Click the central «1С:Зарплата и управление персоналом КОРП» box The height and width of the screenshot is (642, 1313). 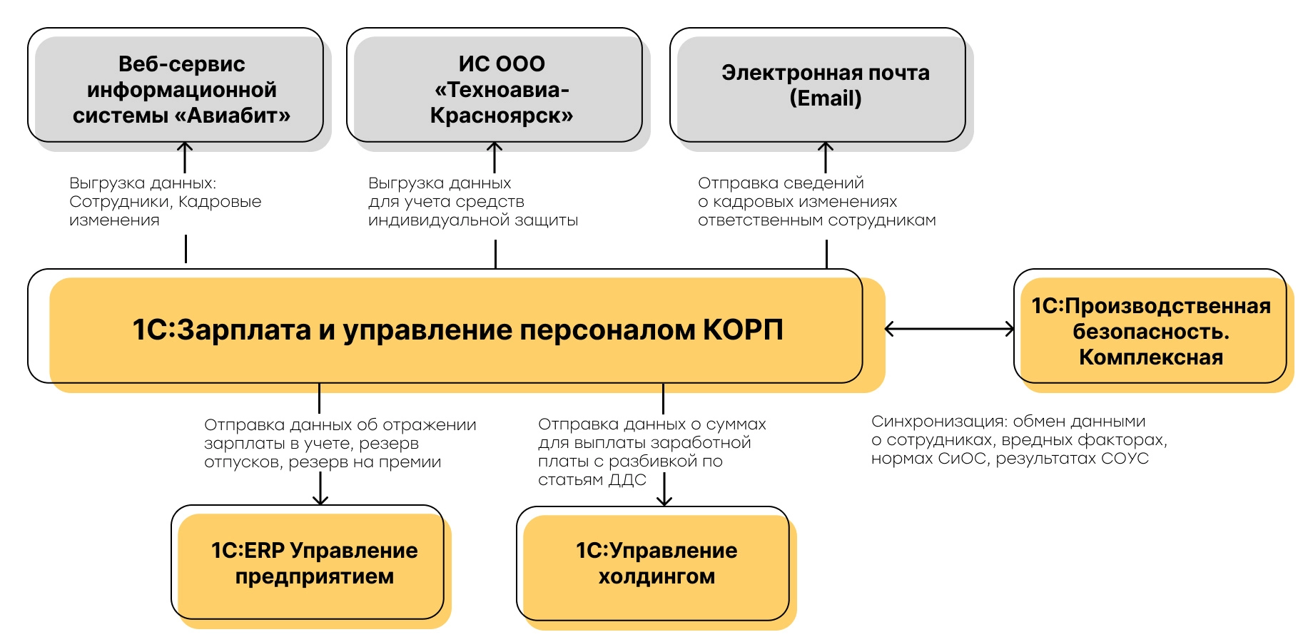(x=457, y=330)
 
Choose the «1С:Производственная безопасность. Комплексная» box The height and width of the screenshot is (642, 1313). (x=1150, y=331)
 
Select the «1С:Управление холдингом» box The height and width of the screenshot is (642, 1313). (x=656, y=564)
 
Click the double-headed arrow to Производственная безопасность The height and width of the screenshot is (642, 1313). (x=949, y=329)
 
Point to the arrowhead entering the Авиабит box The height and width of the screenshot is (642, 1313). (x=185, y=146)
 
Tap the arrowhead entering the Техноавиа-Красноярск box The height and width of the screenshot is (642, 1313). (x=495, y=146)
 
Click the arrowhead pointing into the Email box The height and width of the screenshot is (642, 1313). (x=826, y=146)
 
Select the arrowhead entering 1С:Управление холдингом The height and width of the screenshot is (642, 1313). (x=664, y=501)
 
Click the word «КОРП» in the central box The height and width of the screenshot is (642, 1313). (x=743, y=330)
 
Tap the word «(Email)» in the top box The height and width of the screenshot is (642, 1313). (x=825, y=98)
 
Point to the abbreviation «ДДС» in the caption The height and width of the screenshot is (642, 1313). (x=628, y=480)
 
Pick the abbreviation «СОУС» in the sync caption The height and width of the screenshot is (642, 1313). (x=1125, y=459)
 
